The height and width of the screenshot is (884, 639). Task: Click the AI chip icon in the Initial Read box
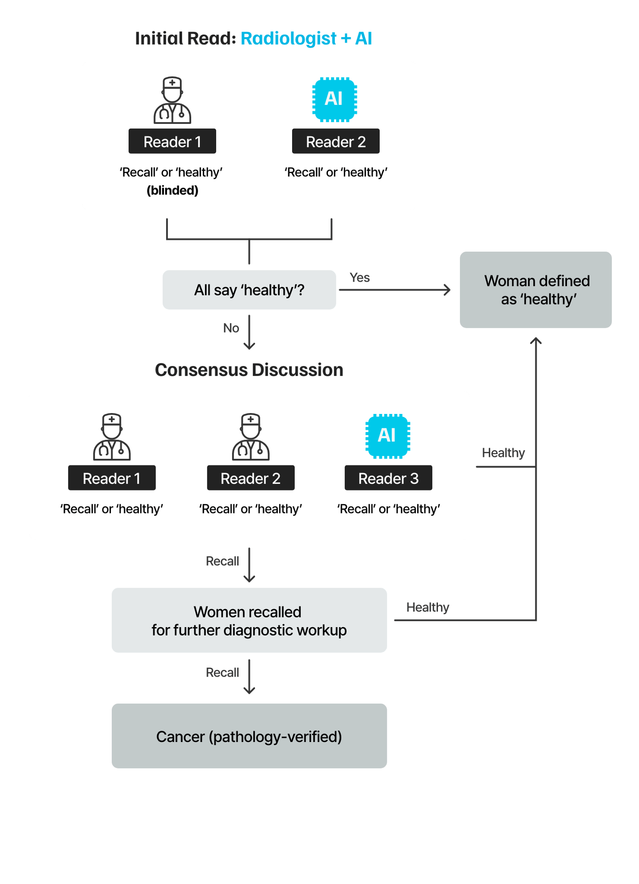[x=335, y=99]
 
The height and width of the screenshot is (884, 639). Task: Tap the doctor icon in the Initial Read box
[x=172, y=100]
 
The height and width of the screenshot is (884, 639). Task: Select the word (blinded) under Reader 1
[x=172, y=191]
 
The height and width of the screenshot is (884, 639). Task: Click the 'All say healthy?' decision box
[x=249, y=290]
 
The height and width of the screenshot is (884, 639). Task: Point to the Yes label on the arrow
[x=359, y=278]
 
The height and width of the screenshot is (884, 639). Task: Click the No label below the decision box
[x=231, y=328]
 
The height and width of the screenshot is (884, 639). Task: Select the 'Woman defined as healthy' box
[x=536, y=290]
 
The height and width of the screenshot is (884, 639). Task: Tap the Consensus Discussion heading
[x=249, y=370]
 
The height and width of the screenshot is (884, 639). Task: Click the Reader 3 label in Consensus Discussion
[x=388, y=478]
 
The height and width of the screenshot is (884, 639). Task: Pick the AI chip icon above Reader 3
[x=388, y=436]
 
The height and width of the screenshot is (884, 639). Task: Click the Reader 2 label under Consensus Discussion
[x=251, y=478]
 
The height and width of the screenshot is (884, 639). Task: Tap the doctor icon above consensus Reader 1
[x=112, y=437]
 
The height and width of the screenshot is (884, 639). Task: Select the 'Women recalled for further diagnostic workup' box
[x=249, y=620]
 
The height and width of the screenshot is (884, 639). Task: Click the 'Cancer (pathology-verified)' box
[x=249, y=736]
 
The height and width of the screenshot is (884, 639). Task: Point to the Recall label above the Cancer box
[x=222, y=673]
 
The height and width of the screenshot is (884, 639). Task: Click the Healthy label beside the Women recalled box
[x=427, y=608]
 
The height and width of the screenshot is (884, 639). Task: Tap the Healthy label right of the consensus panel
[x=503, y=453]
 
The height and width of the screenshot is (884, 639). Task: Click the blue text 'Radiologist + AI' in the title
[x=306, y=38]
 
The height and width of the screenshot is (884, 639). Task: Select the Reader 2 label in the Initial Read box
[x=335, y=142]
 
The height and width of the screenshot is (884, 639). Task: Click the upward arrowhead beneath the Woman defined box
[x=536, y=341]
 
